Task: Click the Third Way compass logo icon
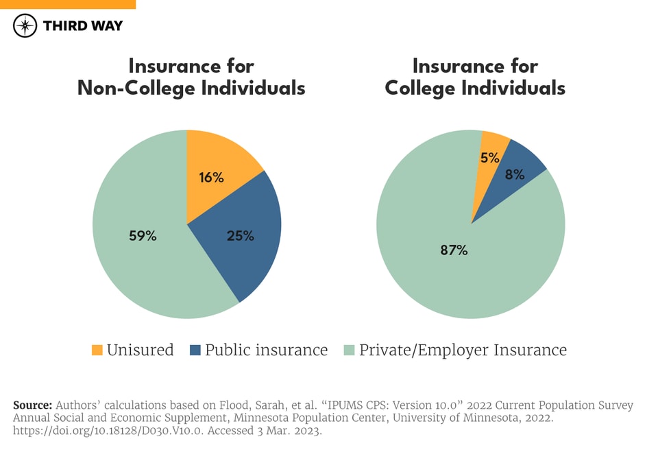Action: pos(25,26)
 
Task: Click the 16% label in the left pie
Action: pos(211,178)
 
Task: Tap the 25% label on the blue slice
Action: pos(240,236)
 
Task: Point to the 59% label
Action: pos(143,236)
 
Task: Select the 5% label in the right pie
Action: pos(489,158)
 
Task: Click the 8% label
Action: pos(515,174)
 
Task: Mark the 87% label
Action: pos(454,250)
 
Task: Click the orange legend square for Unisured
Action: pos(97,350)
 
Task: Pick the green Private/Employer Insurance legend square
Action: pos(349,350)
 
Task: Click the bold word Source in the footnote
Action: pos(32,405)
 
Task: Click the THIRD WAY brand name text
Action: pos(82,26)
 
